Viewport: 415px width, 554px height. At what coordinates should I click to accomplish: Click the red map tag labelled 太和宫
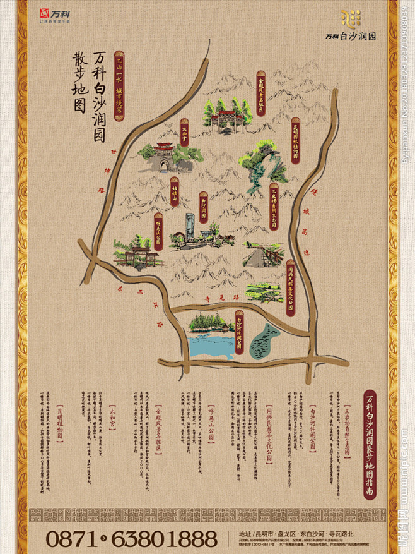point(184,133)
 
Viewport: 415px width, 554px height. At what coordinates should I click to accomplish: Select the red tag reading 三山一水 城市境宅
point(119,86)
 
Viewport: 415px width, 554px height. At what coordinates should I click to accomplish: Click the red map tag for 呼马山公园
point(158,231)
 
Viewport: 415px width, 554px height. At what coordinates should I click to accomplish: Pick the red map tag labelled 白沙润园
point(203,207)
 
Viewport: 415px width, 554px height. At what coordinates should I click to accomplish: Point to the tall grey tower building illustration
point(190,229)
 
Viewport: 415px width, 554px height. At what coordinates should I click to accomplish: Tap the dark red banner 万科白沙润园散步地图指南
point(370,445)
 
